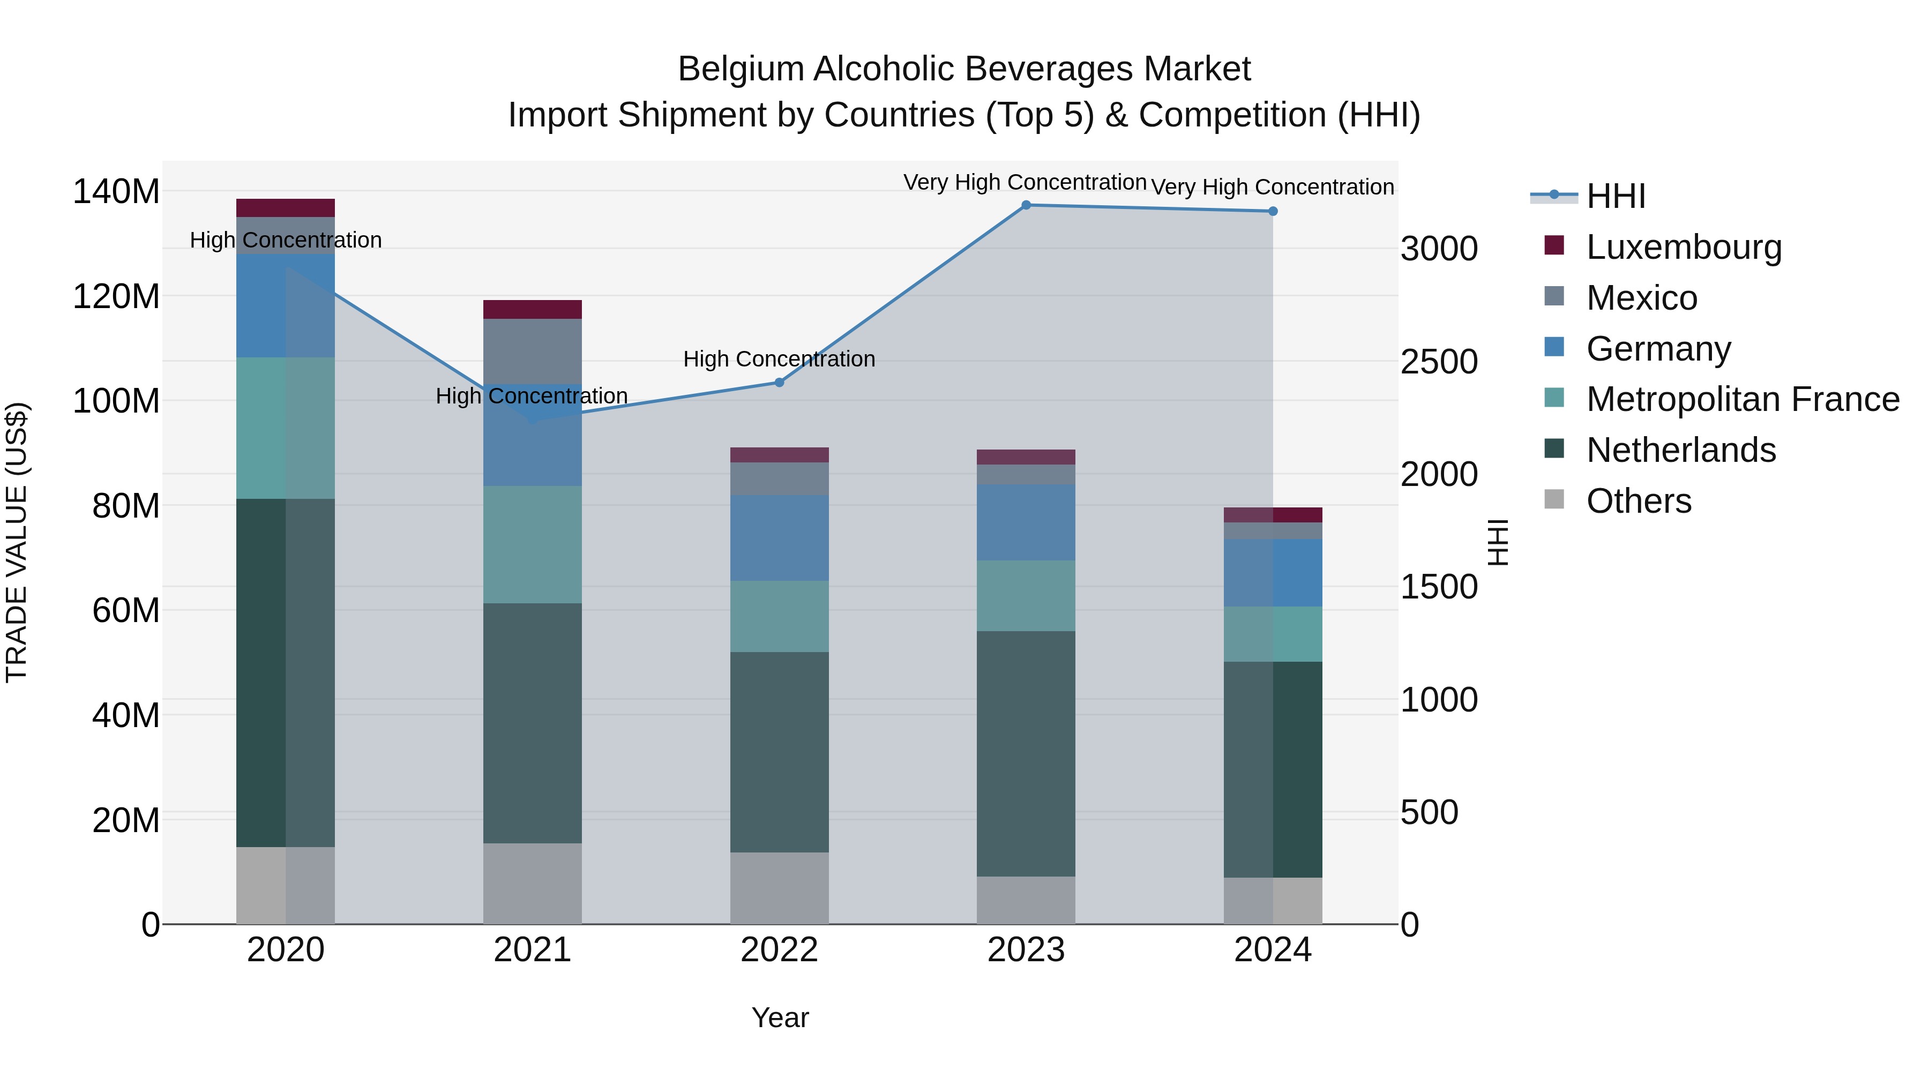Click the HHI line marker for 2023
1026,205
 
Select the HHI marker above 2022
779,383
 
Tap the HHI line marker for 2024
1272,212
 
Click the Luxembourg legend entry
1684,247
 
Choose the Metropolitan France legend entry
1743,399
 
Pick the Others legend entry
1639,501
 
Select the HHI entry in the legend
1615,196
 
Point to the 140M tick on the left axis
116,192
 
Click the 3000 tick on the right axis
1439,249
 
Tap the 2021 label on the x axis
533,950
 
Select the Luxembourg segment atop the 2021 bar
533,309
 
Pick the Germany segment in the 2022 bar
779,537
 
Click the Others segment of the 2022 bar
779,887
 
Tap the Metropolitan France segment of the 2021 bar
533,544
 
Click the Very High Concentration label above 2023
1025,183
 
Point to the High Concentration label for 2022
779,360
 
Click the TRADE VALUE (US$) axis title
17,542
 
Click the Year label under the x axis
780,1017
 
